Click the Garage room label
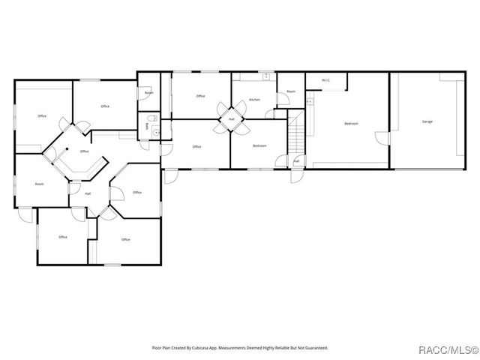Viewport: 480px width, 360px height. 427,121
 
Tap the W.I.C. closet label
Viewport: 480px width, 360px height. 326,80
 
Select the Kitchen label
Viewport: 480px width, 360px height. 254,99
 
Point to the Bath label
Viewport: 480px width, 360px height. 146,126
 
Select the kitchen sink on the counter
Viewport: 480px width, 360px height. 265,76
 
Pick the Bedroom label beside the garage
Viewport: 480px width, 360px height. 350,123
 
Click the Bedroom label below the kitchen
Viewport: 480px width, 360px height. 259,145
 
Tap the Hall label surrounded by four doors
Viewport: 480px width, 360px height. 232,119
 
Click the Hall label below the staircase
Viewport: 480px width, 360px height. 296,161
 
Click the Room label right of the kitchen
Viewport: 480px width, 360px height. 290,91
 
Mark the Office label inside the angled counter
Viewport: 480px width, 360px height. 84,151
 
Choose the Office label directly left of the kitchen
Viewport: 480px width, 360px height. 200,96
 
